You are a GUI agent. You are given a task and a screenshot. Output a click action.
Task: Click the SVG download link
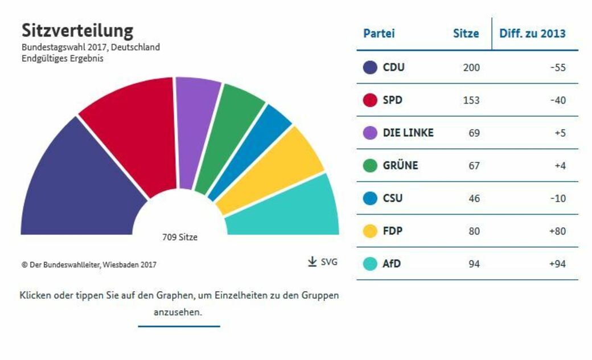(x=322, y=262)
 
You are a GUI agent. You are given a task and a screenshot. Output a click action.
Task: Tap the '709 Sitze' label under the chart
(x=180, y=237)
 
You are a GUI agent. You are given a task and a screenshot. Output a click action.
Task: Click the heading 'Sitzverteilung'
(x=77, y=30)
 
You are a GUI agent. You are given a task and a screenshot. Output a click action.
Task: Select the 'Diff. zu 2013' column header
(x=532, y=33)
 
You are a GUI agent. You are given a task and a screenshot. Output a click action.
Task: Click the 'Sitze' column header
(x=466, y=33)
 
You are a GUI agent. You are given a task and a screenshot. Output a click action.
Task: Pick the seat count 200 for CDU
(x=471, y=67)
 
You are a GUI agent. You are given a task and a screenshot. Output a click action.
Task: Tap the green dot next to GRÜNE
(x=370, y=166)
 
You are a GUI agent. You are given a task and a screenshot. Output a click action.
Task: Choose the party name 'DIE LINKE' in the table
(x=408, y=133)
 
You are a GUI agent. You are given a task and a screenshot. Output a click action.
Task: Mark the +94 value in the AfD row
(x=557, y=264)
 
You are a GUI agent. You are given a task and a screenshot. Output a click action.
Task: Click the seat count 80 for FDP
(x=474, y=231)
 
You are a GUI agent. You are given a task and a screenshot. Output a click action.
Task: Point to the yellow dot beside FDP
(x=370, y=231)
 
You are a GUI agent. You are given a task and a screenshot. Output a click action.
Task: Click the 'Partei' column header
(x=379, y=33)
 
